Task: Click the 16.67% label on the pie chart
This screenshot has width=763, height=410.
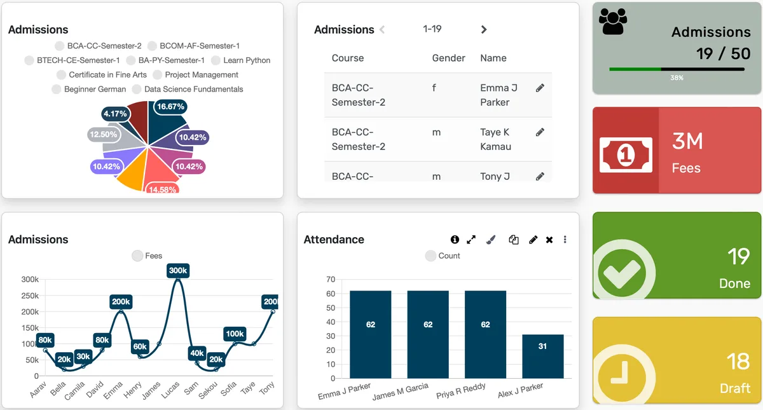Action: [x=170, y=107]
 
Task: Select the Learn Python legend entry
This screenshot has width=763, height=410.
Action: [x=241, y=60]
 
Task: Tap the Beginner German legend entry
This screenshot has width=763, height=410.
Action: [x=89, y=89]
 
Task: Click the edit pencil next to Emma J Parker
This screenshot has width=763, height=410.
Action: [x=540, y=88]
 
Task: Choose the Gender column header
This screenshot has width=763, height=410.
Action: [x=449, y=58]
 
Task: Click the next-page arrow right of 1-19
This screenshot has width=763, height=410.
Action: [x=484, y=29]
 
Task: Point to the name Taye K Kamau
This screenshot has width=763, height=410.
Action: [x=495, y=139]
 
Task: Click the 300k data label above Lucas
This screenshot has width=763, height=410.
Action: [x=178, y=271]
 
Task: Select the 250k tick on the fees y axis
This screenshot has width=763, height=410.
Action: [x=30, y=296]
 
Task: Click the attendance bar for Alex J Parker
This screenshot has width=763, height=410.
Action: [x=542, y=356]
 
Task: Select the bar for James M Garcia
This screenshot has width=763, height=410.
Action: [x=428, y=334]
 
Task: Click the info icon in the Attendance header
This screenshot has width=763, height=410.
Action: [x=455, y=240]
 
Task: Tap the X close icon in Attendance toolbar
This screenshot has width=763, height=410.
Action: [x=549, y=240]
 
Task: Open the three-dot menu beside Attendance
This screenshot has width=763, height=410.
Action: [x=565, y=240]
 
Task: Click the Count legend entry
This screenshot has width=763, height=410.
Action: [x=443, y=256]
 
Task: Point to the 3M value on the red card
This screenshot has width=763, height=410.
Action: [x=687, y=141]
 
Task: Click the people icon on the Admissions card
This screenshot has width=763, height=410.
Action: [x=613, y=23]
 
